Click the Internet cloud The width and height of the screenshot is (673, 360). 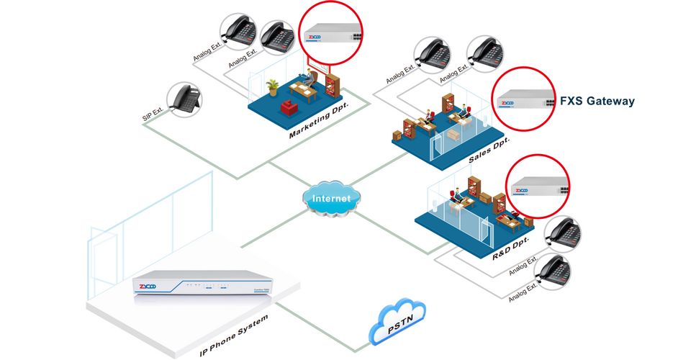click(x=332, y=198)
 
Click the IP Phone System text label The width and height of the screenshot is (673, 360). click(x=234, y=336)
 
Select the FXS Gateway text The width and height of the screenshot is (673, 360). click(x=597, y=102)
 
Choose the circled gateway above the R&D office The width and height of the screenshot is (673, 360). click(x=538, y=189)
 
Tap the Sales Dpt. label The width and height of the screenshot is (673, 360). click(x=488, y=151)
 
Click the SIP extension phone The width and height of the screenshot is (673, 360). click(x=182, y=100)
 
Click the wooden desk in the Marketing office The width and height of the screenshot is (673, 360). click(x=302, y=89)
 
